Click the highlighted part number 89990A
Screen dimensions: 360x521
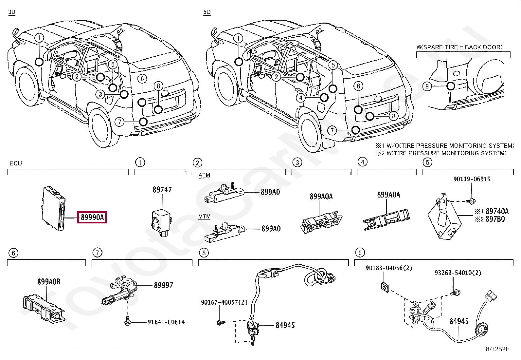pos(92,217)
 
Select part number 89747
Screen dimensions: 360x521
pos(162,190)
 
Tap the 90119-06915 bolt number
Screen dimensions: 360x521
pos(472,179)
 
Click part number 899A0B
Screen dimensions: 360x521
pos(49,282)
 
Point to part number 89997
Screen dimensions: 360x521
pos(163,285)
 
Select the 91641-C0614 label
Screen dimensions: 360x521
pos(166,322)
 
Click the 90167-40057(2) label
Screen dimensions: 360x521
pos(224,302)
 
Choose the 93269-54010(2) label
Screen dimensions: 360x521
pos(458,273)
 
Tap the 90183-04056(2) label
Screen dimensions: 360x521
pos(389,268)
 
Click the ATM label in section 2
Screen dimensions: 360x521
pos(204,175)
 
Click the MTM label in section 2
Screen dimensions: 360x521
pos(204,217)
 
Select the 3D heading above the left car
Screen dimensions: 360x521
pos(11,12)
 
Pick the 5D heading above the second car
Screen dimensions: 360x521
pos(207,12)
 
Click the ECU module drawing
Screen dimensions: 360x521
pos(54,208)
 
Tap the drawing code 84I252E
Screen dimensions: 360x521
pos(497,349)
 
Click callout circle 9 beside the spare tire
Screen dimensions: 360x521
pos(427,86)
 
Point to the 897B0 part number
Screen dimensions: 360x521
pos(495,219)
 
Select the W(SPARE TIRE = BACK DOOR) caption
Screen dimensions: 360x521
pos(459,47)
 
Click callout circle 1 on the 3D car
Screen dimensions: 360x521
pos(39,38)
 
